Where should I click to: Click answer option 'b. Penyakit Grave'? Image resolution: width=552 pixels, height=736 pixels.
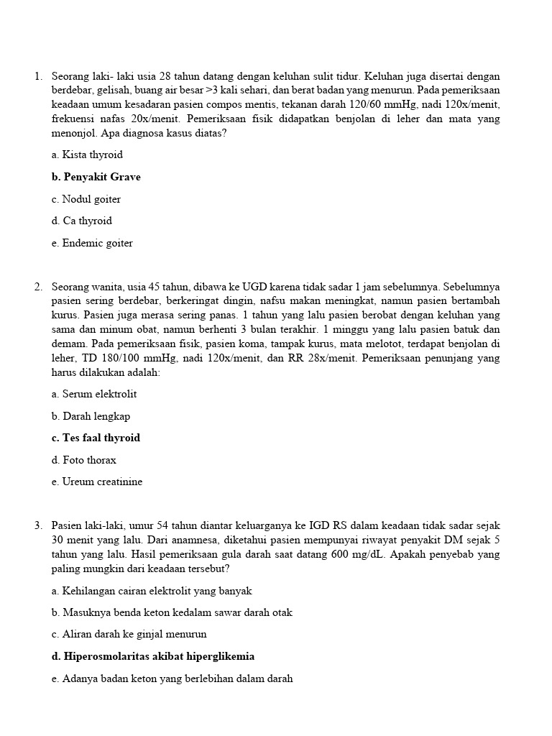pos(96,177)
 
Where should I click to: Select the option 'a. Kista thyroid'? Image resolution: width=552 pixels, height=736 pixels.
pos(87,155)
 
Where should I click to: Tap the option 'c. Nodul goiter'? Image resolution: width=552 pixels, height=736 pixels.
pos(86,199)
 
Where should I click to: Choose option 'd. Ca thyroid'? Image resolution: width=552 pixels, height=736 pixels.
pos(82,221)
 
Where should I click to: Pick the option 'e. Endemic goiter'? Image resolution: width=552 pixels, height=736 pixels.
pos(92,243)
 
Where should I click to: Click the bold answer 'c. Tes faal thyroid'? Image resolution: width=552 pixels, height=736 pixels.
pos(96,438)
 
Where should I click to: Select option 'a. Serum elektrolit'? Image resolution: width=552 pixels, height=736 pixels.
pos(94,394)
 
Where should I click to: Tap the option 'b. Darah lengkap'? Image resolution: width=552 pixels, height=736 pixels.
pos(91,416)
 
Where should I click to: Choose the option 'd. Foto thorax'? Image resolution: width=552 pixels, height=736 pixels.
pos(83,460)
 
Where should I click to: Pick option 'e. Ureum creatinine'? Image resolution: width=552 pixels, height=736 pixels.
pos(97,482)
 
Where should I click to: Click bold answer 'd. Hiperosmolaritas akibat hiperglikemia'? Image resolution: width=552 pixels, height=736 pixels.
pos(153,656)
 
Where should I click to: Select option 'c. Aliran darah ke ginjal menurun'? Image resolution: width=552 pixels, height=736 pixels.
pos(129,634)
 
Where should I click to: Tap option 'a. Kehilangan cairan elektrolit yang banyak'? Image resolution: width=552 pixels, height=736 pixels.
pos(152,591)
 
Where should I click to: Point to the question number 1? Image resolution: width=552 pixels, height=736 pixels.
pos(37,76)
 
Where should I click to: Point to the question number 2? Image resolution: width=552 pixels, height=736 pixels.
pos(37,287)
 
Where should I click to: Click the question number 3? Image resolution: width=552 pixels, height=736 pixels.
pos(37,525)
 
